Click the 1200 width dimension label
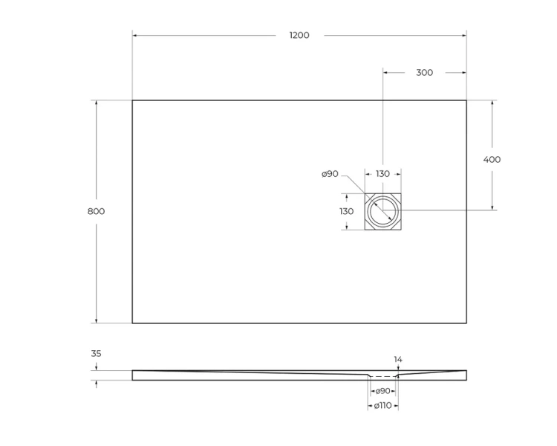pyautogui.click(x=299, y=35)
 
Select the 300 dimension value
pyautogui.click(x=424, y=72)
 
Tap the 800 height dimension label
pyautogui.click(x=96, y=211)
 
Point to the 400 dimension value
pyautogui.click(x=492, y=159)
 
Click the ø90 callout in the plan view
pyautogui.click(x=330, y=174)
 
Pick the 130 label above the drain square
pyautogui.click(x=382, y=174)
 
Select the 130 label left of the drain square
pyautogui.click(x=347, y=211)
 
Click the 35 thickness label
pyautogui.click(x=96, y=354)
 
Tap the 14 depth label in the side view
pyautogui.click(x=398, y=360)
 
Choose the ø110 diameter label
pyautogui.click(x=382, y=405)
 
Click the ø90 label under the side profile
pyautogui.click(x=382, y=391)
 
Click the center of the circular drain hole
pyautogui.click(x=383, y=210)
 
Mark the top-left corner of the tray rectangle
pyautogui.click(x=132, y=100)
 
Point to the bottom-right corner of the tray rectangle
pyautogui.click(x=466, y=323)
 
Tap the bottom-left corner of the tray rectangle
pyautogui.click(x=132, y=323)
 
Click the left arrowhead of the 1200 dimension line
pyautogui.click(x=135, y=35)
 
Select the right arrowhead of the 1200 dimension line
pyautogui.click(x=463, y=35)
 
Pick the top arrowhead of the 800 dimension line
pyautogui.click(x=96, y=103)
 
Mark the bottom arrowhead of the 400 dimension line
pyautogui.click(x=492, y=207)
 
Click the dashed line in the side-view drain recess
pyautogui.click(x=382, y=376)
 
